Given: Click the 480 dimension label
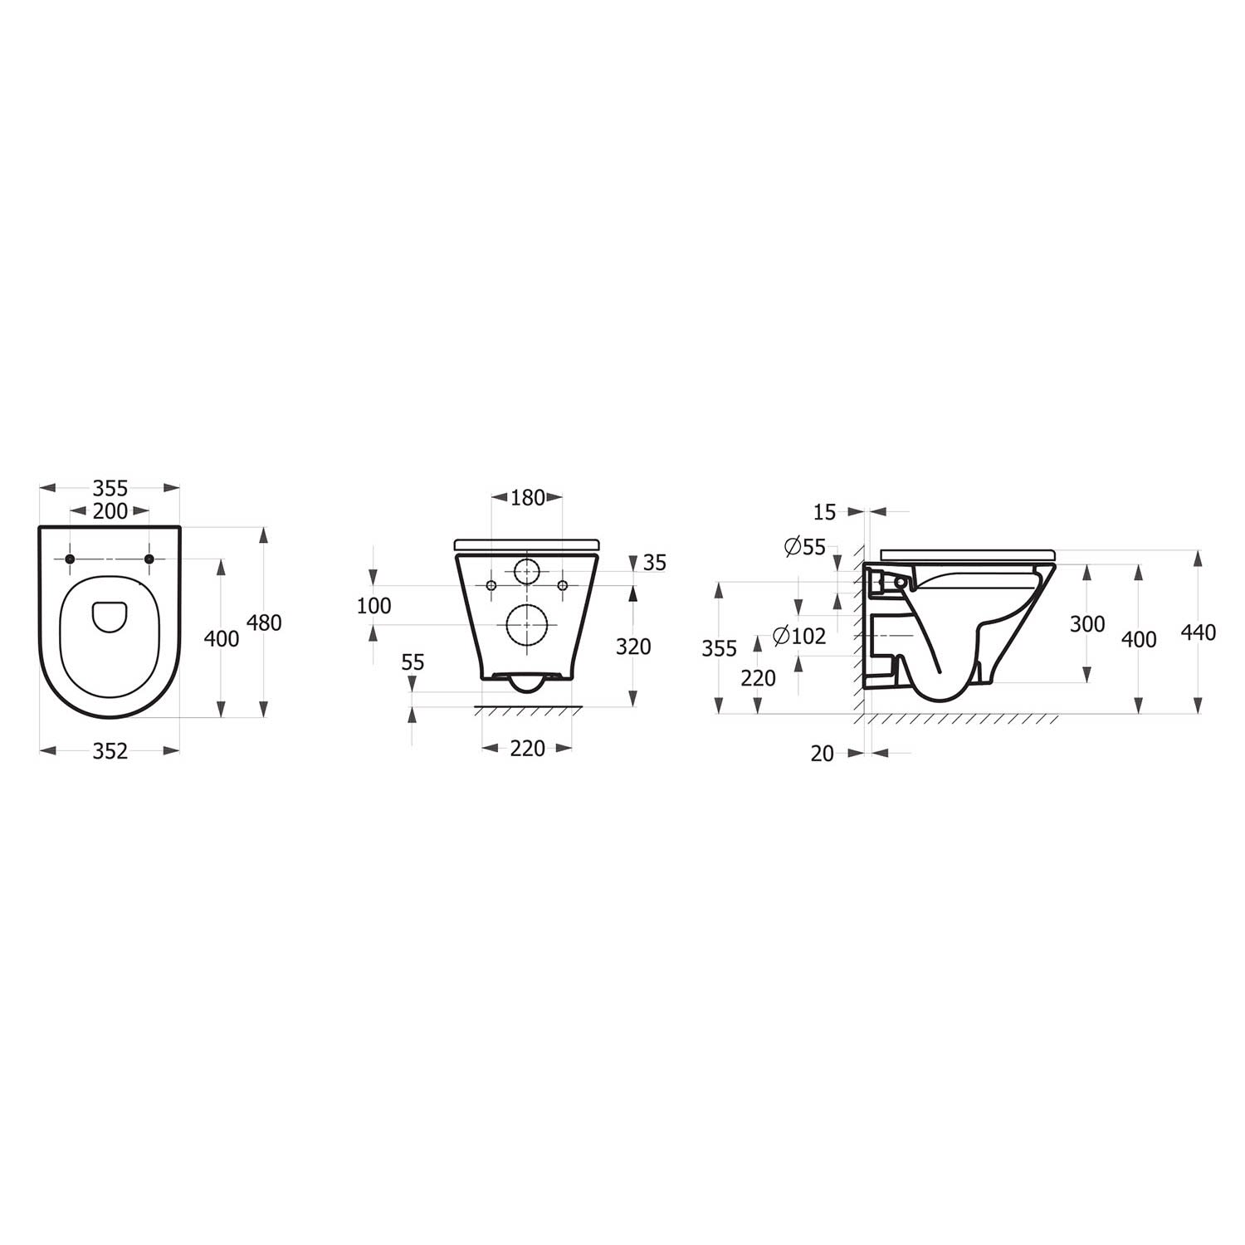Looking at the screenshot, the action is (265, 622).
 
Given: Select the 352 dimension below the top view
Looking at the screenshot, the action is (110, 751).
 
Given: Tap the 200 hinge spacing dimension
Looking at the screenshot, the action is (110, 511).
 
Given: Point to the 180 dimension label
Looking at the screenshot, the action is (528, 498).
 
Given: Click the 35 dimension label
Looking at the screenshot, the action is (655, 563).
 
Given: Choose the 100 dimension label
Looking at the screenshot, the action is (373, 606).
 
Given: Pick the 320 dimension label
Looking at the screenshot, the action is (633, 647).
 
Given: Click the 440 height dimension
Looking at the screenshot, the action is (1198, 632).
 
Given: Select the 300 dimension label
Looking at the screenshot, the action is (1087, 624).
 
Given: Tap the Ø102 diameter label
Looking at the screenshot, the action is (799, 637).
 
